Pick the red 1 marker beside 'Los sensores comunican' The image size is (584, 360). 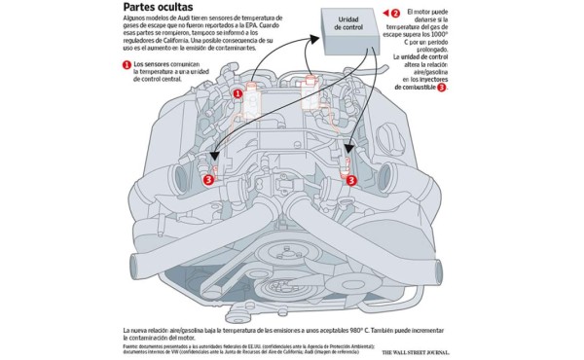pyautogui.click(x=126, y=65)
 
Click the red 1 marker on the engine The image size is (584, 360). pyautogui.click(x=237, y=93)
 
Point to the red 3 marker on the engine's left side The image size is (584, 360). pyautogui.click(x=207, y=178)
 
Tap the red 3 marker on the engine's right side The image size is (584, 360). pyautogui.click(x=351, y=178)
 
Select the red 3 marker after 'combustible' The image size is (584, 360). pyautogui.click(x=442, y=88)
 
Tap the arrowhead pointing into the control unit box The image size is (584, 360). pyautogui.click(x=316, y=39)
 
